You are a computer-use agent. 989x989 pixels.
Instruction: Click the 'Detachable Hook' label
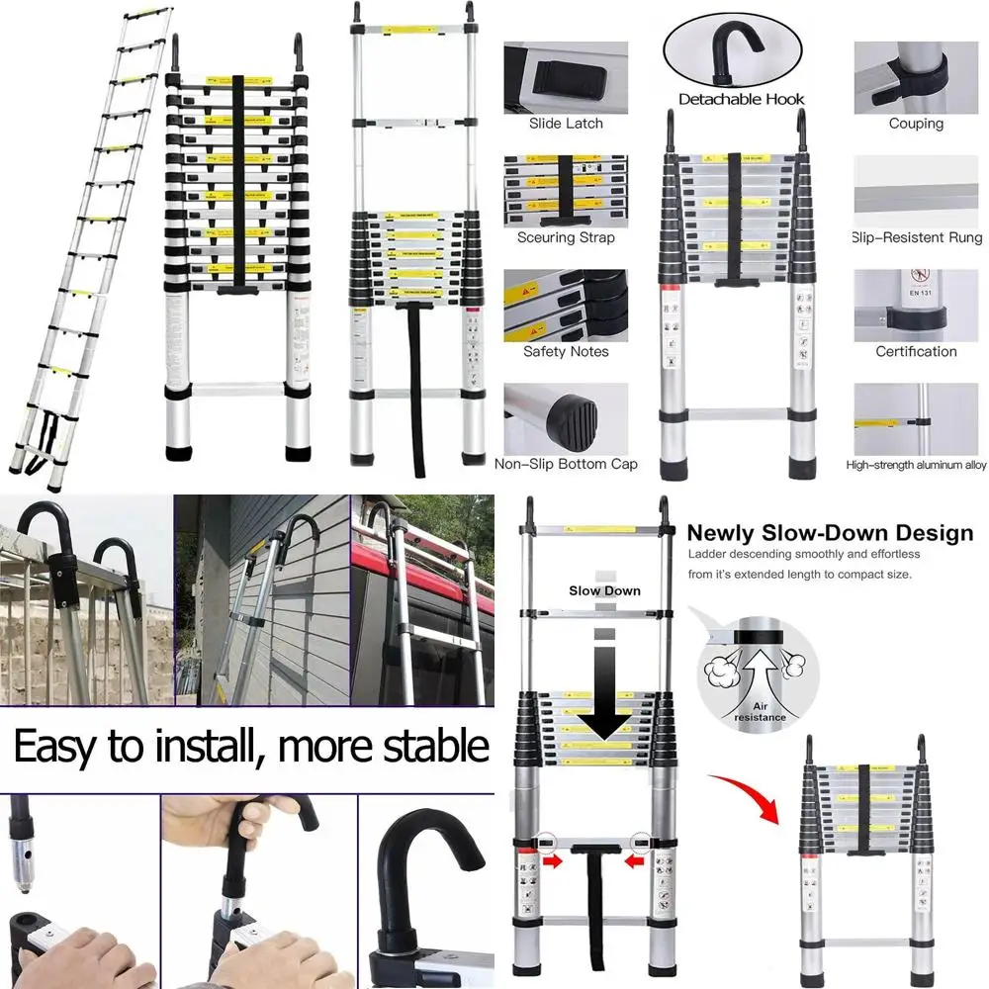tap(741, 99)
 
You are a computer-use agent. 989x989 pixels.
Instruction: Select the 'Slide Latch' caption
tap(566, 124)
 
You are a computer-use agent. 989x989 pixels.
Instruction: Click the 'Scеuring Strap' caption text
tap(566, 237)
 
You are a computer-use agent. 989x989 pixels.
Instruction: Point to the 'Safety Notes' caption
tap(566, 351)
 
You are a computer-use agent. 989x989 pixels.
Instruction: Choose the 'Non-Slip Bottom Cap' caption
tap(566, 464)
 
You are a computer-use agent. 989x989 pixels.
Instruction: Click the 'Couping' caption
tap(916, 124)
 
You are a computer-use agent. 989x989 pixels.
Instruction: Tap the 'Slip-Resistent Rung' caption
tap(917, 237)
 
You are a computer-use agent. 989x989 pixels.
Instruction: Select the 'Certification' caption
tap(916, 351)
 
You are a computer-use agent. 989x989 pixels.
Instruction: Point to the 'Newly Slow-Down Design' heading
tap(830, 534)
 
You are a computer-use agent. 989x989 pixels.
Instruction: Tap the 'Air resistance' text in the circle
tap(760, 710)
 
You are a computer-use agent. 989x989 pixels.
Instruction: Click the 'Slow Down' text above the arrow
tap(604, 590)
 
